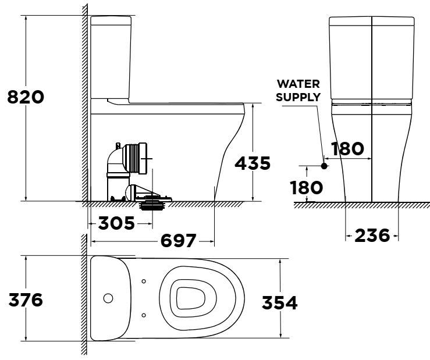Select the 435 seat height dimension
point(252,164)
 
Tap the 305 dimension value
point(116,222)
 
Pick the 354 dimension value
point(279,303)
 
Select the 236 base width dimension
point(372,236)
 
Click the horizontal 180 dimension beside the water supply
point(347,149)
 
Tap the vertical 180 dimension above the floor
point(307,187)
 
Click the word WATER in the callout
point(298,84)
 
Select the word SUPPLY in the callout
point(298,97)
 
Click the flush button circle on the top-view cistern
point(108,298)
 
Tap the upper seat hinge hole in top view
point(144,282)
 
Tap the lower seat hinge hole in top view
point(144,315)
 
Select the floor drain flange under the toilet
point(154,203)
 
